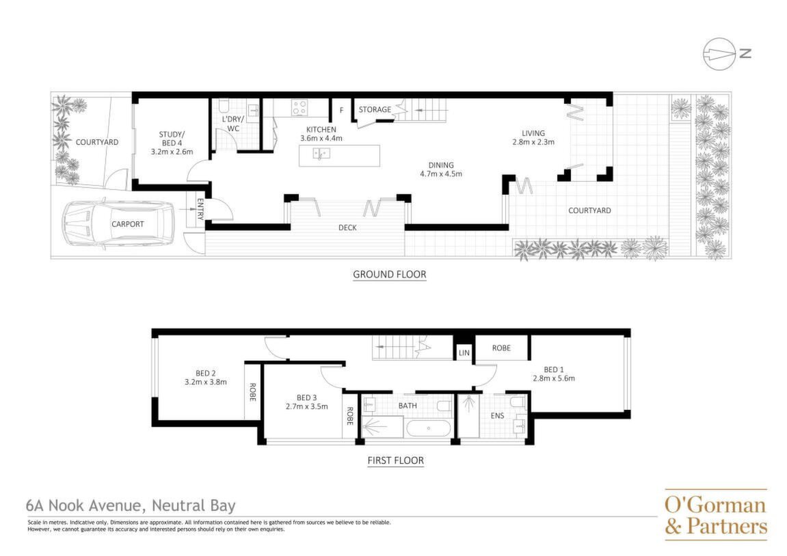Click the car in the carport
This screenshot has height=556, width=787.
click(118, 223)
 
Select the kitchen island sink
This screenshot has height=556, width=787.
click(321, 153)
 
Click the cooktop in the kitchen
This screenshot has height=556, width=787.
click(299, 108)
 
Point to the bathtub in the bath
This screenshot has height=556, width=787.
click(428, 429)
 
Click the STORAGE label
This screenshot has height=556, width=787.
click(375, 109)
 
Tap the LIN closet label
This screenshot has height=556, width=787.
click(464, 353)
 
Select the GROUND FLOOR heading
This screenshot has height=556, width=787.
click(390, 274)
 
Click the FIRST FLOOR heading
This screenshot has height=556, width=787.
click(395, 460)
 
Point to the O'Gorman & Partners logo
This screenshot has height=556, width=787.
click(716, 515)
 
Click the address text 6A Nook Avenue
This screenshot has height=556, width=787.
click(86, 505)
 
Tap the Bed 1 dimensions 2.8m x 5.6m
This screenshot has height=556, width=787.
click(554, 378)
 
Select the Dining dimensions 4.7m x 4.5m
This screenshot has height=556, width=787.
click(441, 174)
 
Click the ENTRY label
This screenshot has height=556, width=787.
click(200, 209)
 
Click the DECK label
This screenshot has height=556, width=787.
click(347, 227)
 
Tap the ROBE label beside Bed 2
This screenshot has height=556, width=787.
click(252, 392)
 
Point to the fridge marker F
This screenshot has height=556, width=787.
click(342, 110)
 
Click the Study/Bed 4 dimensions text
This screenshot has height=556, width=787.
click(172, 152)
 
